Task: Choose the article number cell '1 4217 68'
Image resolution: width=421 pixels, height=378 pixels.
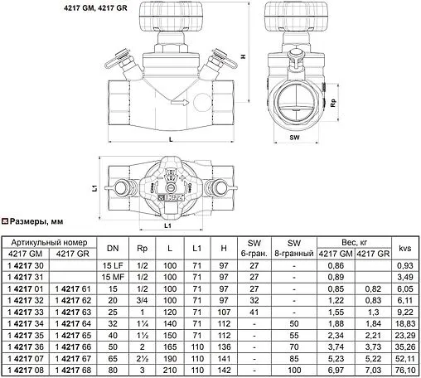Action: [73, 370]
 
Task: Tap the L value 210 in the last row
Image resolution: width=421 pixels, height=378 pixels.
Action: [171, 370]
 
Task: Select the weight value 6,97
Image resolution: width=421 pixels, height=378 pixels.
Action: [335, 370]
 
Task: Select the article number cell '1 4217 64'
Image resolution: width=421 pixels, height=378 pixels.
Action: [73, 322]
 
